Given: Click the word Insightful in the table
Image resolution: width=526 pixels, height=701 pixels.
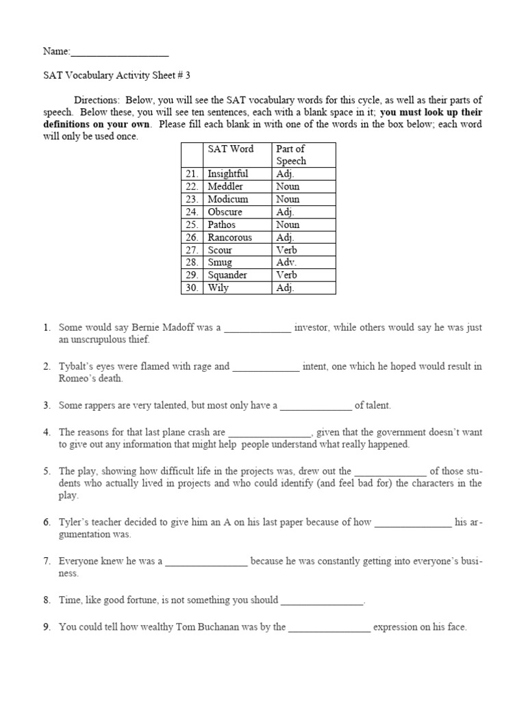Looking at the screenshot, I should [227, 174].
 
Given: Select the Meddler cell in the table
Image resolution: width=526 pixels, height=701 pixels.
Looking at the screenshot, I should [225, 186].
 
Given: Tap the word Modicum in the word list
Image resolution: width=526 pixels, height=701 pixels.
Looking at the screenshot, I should [227, 199].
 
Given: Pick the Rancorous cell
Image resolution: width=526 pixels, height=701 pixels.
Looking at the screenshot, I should [229, 238].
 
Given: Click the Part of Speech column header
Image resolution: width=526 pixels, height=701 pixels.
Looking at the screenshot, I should [291, 155].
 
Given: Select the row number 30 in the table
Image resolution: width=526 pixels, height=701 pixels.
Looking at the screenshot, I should [191, 288].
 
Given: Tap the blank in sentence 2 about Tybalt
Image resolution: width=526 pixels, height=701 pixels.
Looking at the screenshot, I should [266, 366].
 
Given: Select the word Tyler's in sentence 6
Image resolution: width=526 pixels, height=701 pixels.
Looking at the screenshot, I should [73, 522].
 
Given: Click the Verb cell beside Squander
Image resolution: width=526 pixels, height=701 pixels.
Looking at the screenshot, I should [287, 275].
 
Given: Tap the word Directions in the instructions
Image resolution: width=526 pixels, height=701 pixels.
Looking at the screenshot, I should [97, 99].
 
